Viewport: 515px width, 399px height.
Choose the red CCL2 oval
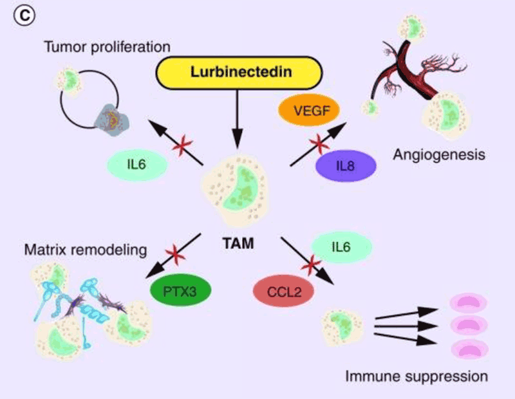pos(284,291)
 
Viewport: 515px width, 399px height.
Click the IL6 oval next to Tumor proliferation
pos(138,165)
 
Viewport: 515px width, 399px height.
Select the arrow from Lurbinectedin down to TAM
pos(239,116)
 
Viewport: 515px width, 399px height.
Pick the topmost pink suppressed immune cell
pos(462,304)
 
